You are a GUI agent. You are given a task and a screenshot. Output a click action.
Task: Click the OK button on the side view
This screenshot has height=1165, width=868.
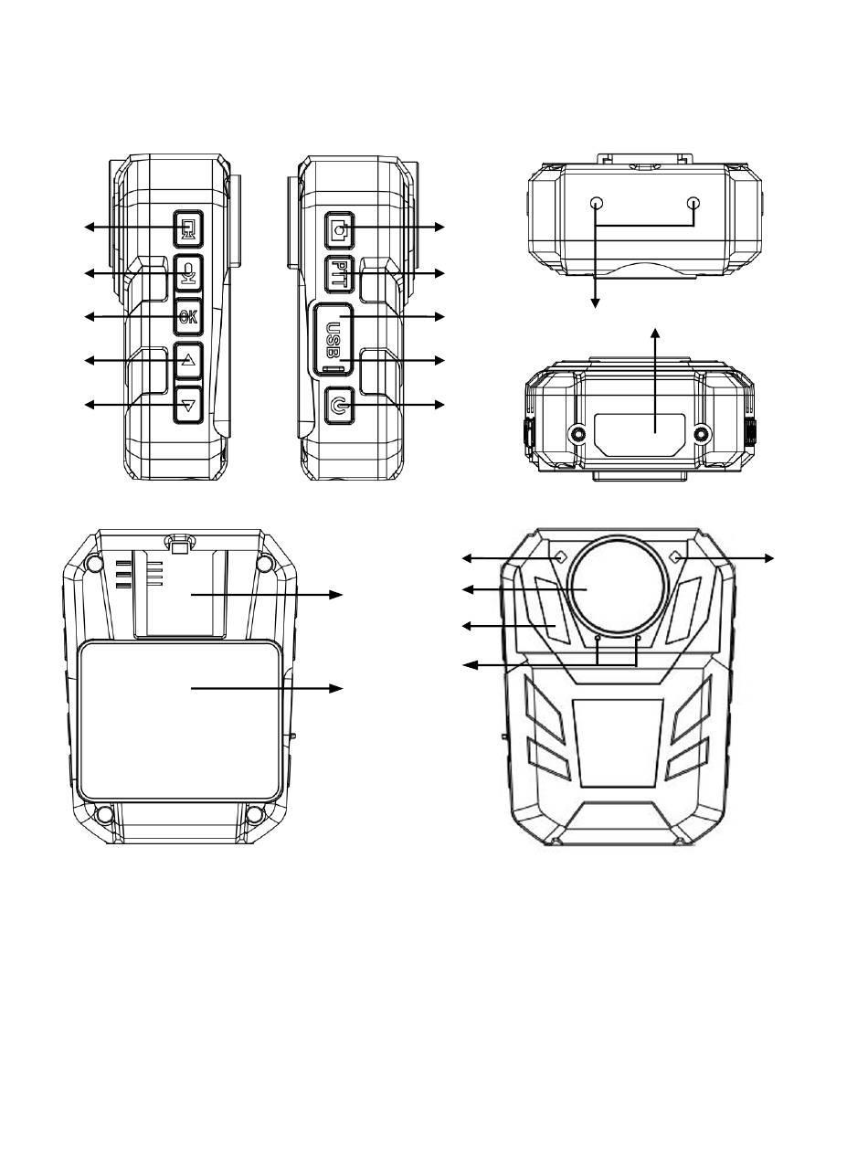pos(188,317)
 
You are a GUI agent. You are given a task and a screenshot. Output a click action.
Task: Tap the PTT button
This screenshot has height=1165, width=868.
pos(339,274)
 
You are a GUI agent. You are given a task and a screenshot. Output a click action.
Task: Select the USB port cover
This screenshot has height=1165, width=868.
pos(333,339)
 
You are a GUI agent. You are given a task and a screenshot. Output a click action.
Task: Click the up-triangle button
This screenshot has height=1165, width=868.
pos(188,360)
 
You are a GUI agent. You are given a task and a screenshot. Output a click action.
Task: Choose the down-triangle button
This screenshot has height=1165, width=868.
pos(188,405)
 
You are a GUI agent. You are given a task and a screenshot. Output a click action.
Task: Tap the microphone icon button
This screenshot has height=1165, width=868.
pos(188,273)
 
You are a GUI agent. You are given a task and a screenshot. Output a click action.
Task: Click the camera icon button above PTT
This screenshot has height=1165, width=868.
pos(339,230)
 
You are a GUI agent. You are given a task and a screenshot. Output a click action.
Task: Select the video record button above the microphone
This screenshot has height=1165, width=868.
pos(188,229)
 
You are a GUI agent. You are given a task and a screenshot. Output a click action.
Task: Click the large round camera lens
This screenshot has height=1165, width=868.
pos(619,586)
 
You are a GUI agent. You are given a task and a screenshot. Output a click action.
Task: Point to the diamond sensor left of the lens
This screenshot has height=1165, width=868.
pos(561,556)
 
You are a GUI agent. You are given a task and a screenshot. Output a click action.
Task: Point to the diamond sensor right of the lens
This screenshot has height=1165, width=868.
pos(678,556)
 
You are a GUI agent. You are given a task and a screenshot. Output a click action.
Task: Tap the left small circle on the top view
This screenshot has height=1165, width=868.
pos(597,203)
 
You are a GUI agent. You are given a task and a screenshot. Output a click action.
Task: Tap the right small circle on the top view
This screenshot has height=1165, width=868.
pos(694,203)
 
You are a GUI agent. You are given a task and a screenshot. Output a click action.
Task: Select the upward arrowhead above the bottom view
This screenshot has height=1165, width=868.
pos(655,333)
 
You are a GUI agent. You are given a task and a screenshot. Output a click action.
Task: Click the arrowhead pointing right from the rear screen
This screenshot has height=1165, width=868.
pos(335,688)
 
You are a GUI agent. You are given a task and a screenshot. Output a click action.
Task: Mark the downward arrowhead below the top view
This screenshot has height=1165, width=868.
pos(596,302)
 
